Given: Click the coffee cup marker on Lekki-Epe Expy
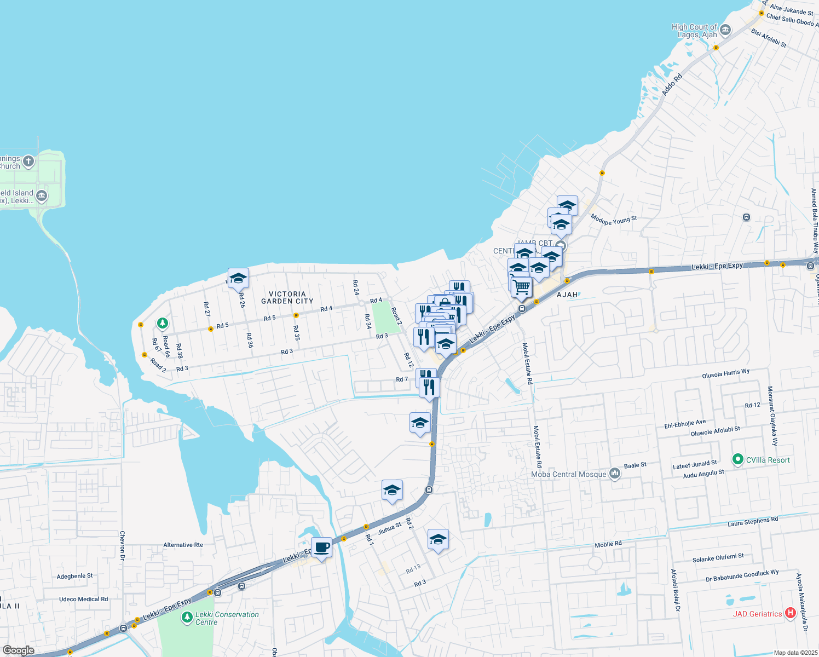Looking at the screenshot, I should point(321,547).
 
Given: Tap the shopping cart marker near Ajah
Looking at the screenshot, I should point(522,287).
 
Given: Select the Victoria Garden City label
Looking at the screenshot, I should point(287,298).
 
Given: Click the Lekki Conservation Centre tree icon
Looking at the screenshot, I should point(187,618).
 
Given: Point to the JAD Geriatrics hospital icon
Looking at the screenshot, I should point(790,613).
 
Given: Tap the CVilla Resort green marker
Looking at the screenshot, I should point(737,459).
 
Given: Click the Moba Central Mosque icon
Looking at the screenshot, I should point(615,474).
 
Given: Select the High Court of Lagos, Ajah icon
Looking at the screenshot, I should point(725,30).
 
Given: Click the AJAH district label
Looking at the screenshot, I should point(567,295).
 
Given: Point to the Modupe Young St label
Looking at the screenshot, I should point(614,220).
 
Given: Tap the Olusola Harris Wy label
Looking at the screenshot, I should point(725,374).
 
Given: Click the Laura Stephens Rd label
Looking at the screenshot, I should point(752,522).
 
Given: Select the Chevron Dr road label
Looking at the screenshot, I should point(122,545).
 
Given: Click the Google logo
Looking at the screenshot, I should point(18,650).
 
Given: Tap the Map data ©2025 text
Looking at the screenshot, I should point(795,653).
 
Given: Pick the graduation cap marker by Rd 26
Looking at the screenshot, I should point(238,278).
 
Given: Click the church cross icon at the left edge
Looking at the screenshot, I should point(28,162).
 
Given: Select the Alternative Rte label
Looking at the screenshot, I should point(183,545).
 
